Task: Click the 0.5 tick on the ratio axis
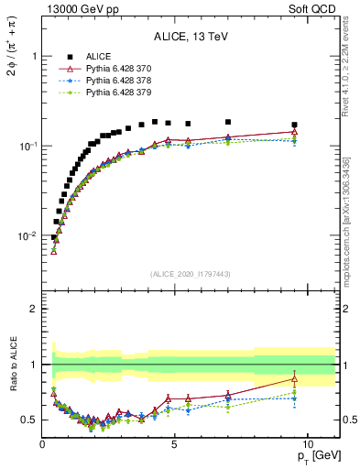30,420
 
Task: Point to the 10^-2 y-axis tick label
28,236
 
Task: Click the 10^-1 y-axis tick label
28,147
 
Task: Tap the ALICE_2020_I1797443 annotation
191,274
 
